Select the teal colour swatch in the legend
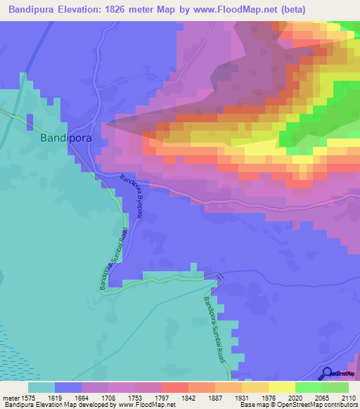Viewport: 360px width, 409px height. pyautogui.click(x=41, y=387)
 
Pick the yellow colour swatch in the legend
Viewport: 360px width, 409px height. pyautogui.click(x=282, y=387)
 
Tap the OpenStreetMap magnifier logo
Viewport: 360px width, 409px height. pyautogui.click(x=326, y=373)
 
